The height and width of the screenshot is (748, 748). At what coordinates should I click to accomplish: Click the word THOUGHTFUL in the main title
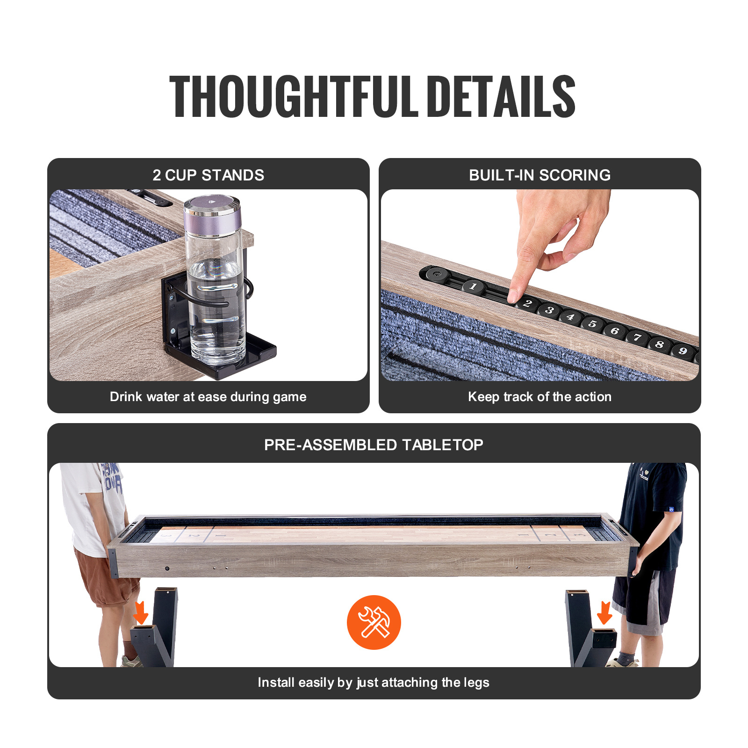295,97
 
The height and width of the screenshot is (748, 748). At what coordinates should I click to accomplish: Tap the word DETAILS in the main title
501,97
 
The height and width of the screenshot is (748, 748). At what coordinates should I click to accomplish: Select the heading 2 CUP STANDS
208,175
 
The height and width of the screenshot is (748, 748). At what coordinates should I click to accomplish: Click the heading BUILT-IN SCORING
539,175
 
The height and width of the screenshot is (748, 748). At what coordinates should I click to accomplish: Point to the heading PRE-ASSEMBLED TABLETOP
374,445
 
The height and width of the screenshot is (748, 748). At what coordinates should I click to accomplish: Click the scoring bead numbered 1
473,287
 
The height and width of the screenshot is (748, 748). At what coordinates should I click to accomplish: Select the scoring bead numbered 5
592,324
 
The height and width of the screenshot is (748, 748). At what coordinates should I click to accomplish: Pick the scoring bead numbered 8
660,345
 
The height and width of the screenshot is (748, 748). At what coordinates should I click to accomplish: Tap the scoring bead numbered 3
550,310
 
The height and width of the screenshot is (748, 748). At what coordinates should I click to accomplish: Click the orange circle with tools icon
374,622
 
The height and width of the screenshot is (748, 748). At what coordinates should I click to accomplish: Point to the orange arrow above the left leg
141,612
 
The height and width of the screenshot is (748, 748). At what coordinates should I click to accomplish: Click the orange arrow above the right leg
604,612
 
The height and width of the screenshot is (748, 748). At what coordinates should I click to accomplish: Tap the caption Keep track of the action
539,397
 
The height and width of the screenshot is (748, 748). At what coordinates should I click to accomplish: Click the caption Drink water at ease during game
208,397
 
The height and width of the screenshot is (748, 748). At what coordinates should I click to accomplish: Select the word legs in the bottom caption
476,683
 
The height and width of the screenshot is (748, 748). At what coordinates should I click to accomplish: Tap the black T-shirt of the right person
654,514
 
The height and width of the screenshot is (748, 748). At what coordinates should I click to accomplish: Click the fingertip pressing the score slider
513,296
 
